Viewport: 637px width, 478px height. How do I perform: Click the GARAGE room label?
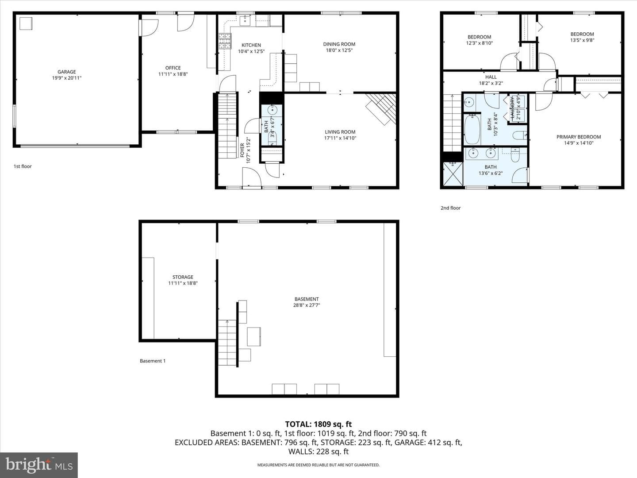[66, 72]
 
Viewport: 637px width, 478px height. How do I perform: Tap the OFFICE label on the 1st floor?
[173, 68]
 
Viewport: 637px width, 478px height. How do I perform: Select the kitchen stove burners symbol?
[225, 41]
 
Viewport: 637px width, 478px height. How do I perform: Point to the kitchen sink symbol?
[245, 20]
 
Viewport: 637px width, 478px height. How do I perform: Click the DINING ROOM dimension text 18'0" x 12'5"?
[339, 50]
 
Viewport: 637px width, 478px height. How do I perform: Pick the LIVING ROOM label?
[340, 132]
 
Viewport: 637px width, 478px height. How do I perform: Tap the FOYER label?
[242, 150]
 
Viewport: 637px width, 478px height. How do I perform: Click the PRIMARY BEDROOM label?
[579, 137]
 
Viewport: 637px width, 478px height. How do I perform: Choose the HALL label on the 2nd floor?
[491, 77]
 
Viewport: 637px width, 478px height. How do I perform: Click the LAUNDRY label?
[513, 108]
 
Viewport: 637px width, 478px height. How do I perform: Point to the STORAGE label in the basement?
[183, 277]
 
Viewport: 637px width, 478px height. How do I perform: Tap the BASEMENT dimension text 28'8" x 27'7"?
[307, 305]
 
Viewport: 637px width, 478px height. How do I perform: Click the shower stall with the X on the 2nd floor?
[453, 173]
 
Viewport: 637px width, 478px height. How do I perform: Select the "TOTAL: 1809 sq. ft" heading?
[318, 424]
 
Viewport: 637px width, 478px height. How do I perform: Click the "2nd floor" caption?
[451, 208]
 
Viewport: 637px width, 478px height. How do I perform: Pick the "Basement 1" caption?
[153, 361]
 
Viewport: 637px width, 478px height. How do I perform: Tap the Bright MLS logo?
[39, 465]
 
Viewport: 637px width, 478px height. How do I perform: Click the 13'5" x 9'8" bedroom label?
[582, 40]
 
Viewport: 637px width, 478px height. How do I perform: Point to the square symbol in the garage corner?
[26, 23]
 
